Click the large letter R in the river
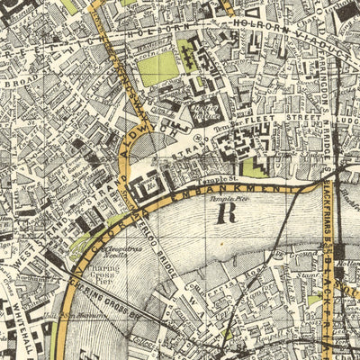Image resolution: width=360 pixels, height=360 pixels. pyautogui.click(x=225, y=213)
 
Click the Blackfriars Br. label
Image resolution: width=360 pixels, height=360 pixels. pyautogui.click(x=328, y=216)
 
